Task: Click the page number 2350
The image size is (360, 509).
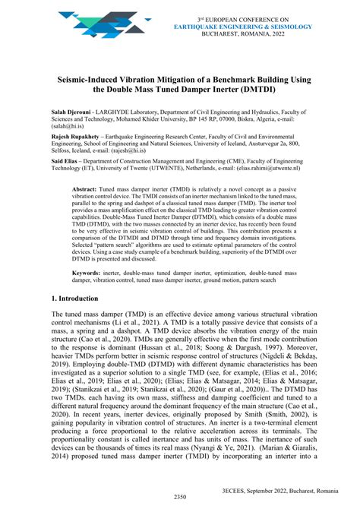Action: (x=180, y=498)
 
